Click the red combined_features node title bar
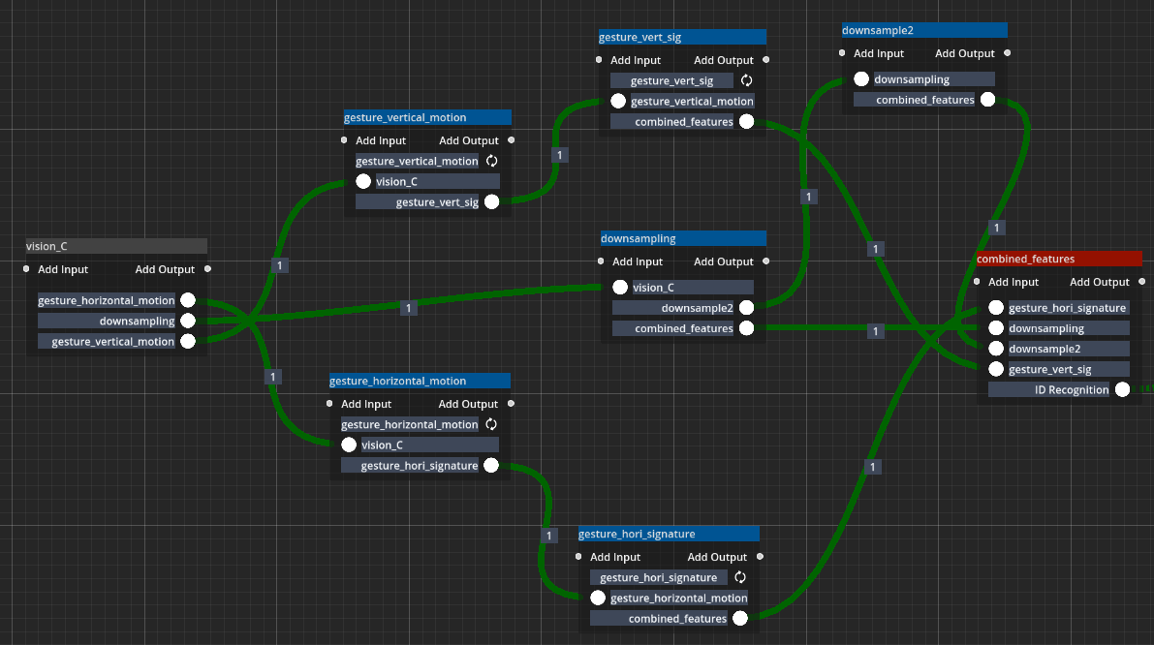(1059, 260)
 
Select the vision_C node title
(116, 247)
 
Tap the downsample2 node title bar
(923, 31)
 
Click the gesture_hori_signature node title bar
(668, 535)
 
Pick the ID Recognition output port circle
(1121, 390)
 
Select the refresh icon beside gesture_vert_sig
(746, 80)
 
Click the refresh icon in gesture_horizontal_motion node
(490, 424)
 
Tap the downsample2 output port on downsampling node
(746, 308)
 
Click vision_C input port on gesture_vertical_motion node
(363, 181)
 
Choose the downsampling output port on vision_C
(188, 321)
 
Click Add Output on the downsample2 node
(965, 54)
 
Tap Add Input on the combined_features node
(1014, 283)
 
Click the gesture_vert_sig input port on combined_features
(995, 369)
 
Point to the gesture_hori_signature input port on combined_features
(995, 308)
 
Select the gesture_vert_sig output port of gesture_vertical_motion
(491, 201)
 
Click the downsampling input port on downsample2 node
(861, 79)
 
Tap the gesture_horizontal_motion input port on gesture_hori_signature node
(598, 598)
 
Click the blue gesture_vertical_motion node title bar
(427, 118)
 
